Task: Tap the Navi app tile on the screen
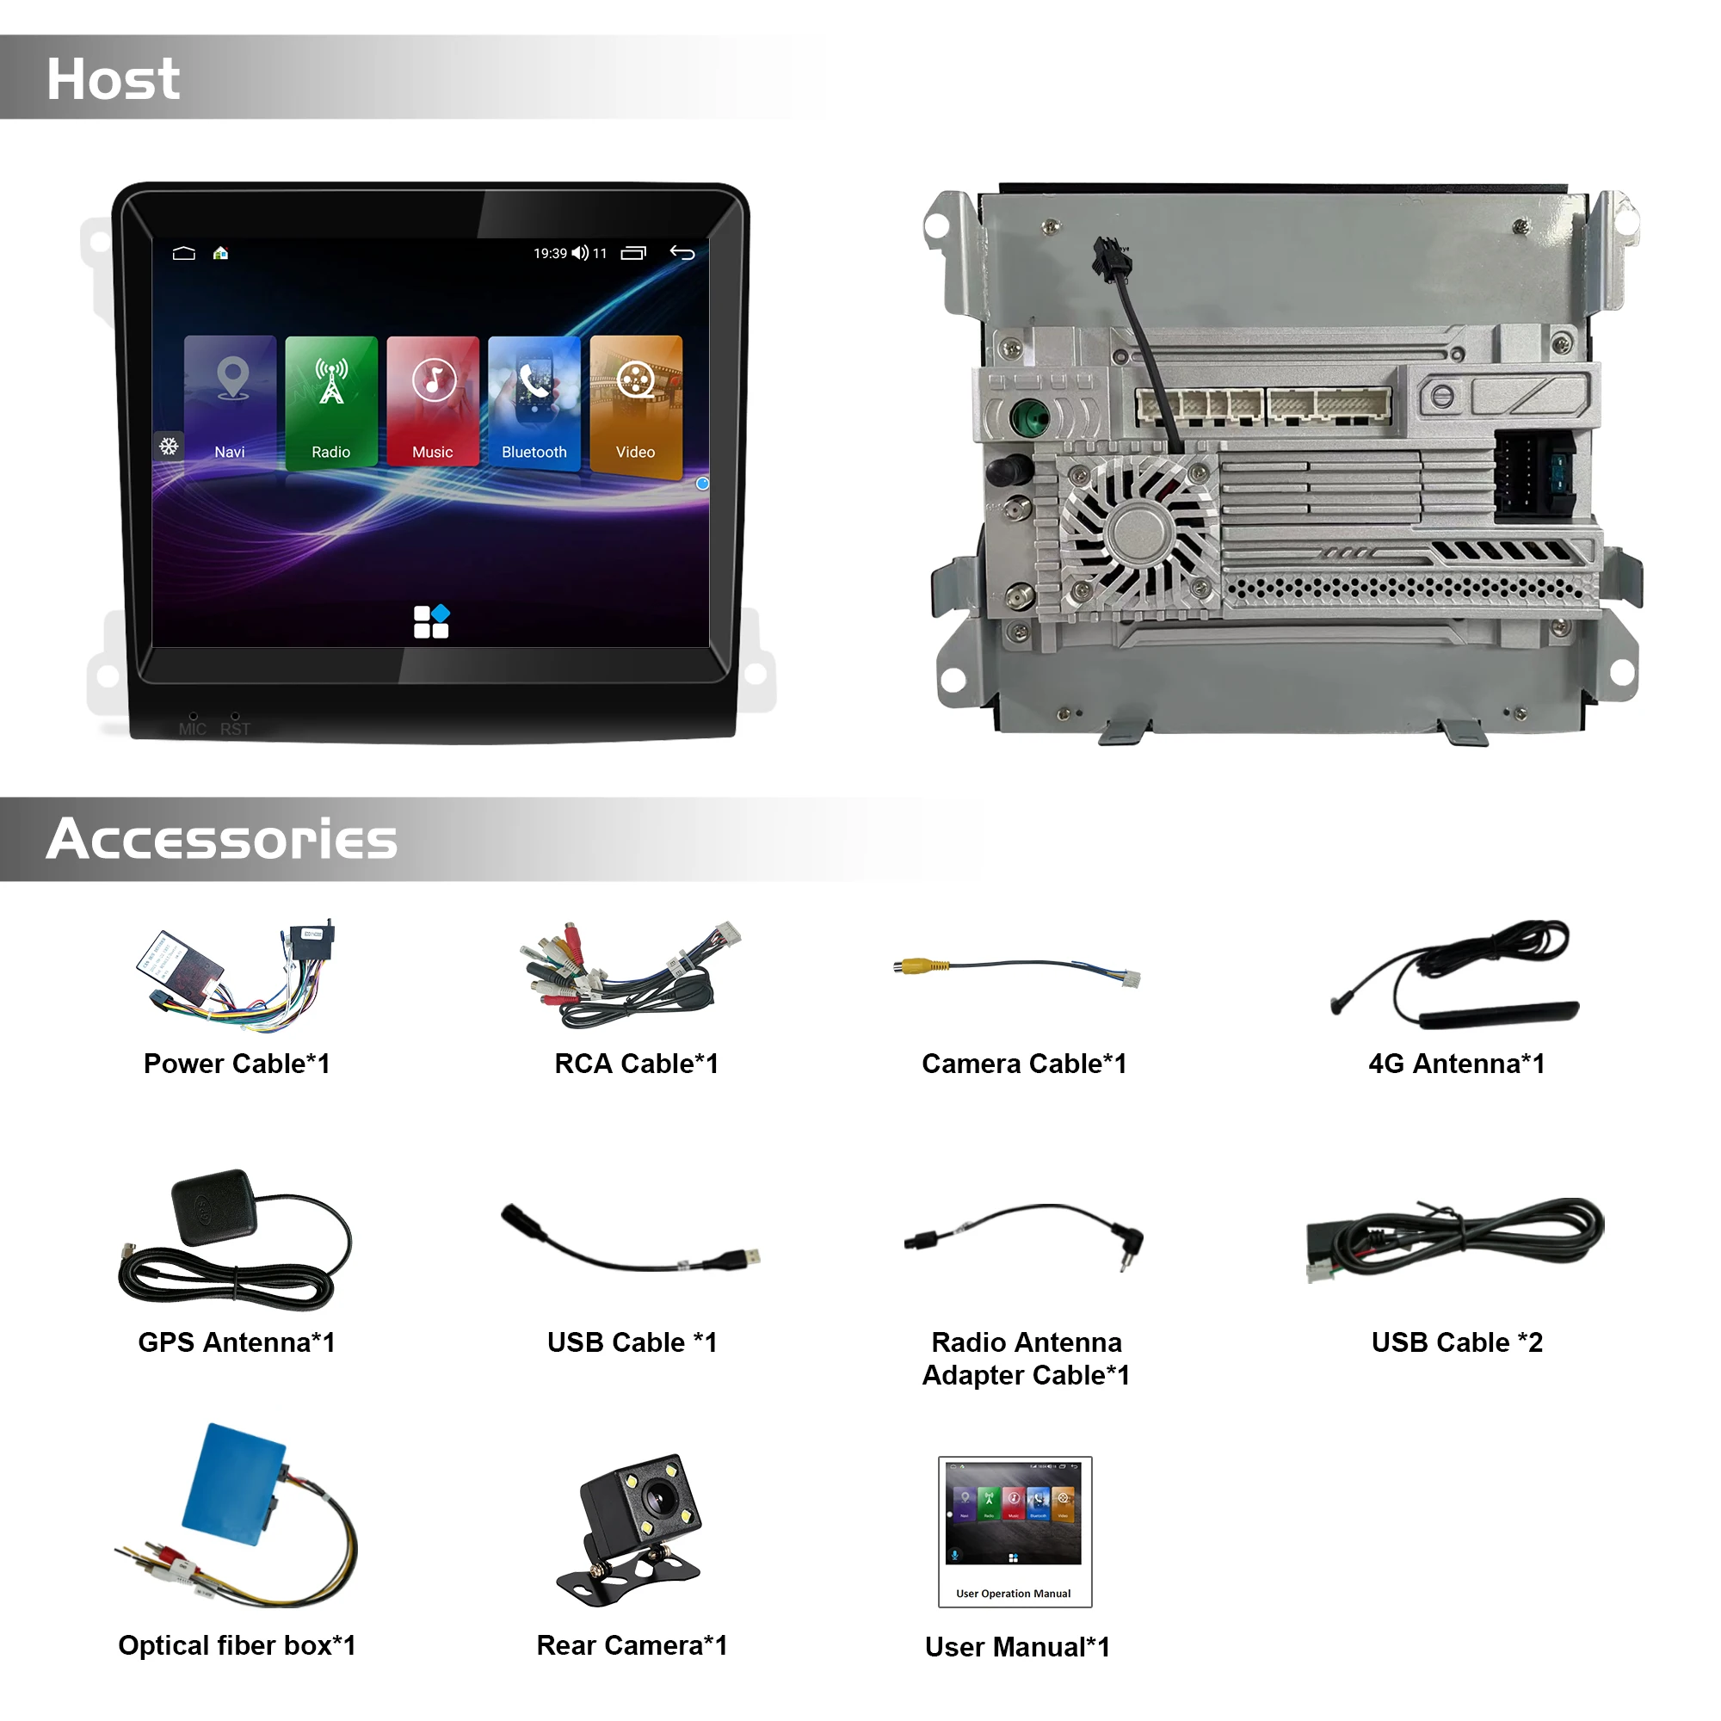click(x=230, y=401)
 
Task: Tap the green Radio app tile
click(x=331, y=401)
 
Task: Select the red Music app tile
click(x=433, y=401)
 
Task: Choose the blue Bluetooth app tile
click(x=534, y=401)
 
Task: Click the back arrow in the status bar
click(x=682, y=253)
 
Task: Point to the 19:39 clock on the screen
click(x=550, y=254)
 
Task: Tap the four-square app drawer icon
click(x=431, y=622)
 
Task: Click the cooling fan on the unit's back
click(x=1138, y=534)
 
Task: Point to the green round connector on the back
click(x=1031, y=416)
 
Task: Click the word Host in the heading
click(x=113, y=79)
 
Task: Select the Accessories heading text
click(x=222, y=839)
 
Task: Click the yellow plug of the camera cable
click(x=913, y=965)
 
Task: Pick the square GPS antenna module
click(x=213, y=1206)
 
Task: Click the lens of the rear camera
click(x=659, y=1498)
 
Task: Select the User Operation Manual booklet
click(x=1015, y=1532)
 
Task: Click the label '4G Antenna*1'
click(x=1457, y=1064)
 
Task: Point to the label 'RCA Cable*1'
click(x=636, y=1064)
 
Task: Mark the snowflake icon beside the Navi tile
click(x=169, y=446)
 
